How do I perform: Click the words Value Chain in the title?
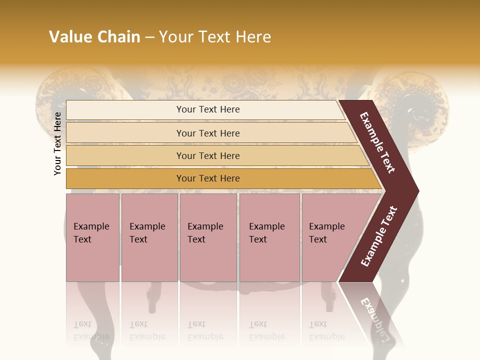coord(94,37)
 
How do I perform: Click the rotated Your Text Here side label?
coord(57,143)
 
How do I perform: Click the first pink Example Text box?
coord(92,237)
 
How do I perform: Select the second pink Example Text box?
coord(149,237)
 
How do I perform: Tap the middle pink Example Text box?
coord(208,237)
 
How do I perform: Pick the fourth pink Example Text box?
coord(269,237)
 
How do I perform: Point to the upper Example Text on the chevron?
coord(377,142)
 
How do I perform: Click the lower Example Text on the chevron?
coord(379,236)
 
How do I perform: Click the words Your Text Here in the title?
coord(215,37)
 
